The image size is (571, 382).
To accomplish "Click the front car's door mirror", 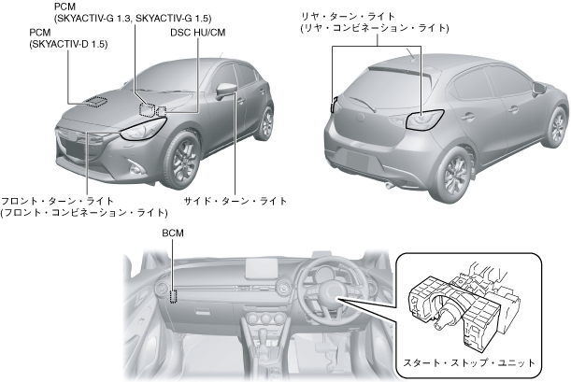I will tap(228, 90).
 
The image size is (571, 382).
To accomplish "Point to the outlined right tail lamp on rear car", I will tap(423, 120).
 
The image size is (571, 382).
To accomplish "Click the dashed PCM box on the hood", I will tap(95, 101).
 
